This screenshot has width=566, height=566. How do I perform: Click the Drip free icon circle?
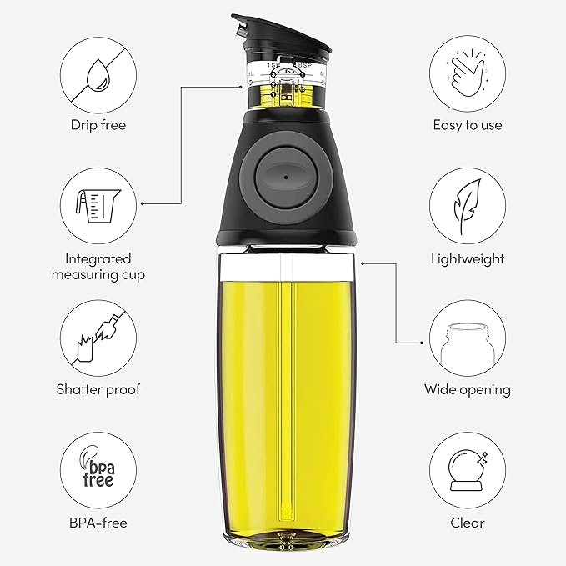pyautogui.click(x=98, y=73)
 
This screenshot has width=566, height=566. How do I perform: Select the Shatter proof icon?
pyautogui.click(x=98, y=337)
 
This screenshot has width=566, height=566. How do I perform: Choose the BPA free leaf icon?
pyautogui.click(x=98, y=471)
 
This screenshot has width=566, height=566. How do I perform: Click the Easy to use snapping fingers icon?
pyautogui.click(x=467, y=73)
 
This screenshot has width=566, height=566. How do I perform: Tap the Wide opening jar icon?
pyautogui.click(x=467, y=337)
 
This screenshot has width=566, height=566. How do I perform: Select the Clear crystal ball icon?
pyautogui.click(x=467, y=471)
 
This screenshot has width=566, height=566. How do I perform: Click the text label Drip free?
pyautogui.click(x=98, y=125)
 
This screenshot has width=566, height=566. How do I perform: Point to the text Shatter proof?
pyautogui.click(x=98, y=389)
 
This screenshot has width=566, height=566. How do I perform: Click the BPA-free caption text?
pyautogui.click(x=98, y=523)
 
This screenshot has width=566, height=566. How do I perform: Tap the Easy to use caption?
pyautogui.click(x=467, y=125)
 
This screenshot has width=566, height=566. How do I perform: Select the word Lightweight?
pyautogui.click(x=467, y=259)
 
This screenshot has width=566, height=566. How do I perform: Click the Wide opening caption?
pyautogui.click(x=467, y=389)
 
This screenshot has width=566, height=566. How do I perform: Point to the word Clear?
pyautogui.click(x=467, y=523)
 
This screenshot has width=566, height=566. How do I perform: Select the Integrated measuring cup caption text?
pyautogui.click(x=98, y=267)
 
